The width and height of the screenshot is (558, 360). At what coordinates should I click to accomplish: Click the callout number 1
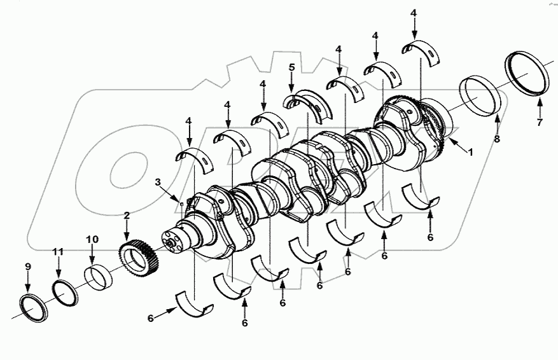pos(471,153)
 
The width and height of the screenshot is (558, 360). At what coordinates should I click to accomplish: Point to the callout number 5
pos(291,67)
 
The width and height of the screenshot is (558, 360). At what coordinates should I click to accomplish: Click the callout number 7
pos(540,123)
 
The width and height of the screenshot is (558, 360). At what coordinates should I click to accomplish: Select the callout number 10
pos(92,239)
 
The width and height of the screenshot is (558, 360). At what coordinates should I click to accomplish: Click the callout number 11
pos(58,253)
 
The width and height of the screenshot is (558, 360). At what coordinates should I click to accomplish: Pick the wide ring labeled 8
pos(481,94)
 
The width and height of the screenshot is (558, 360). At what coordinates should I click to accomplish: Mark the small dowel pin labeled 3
pos(181,204)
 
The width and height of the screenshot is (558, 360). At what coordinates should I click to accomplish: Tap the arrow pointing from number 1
pos(457,144)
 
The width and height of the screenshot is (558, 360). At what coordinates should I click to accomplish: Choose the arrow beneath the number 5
pos(291,83)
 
